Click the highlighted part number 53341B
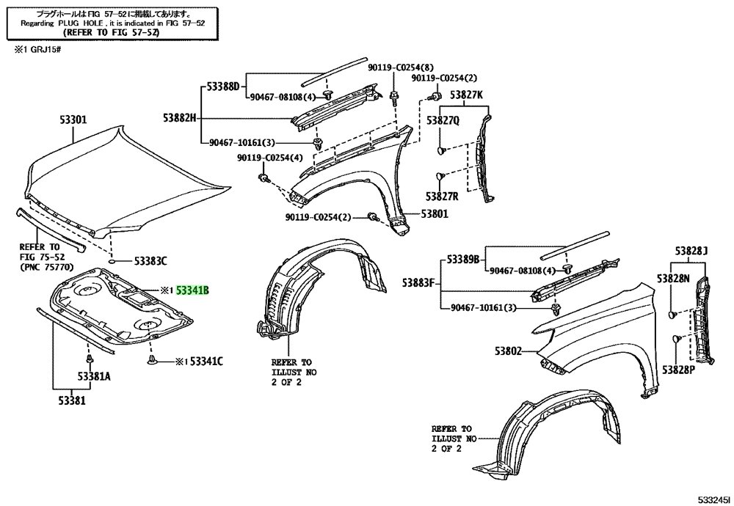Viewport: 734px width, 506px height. (x=192, y=291)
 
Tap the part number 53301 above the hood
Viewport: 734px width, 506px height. (x=73, y=120)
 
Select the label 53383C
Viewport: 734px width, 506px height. (x=150, y=261)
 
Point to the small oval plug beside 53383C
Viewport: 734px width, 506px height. (x=112, y=260)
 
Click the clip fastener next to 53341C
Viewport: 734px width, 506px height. (x=151, y=359)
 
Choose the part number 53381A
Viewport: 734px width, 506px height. (x=94, y=376)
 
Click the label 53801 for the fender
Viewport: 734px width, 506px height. (x=434, y=214)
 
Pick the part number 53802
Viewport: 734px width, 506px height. (x=508, y=351)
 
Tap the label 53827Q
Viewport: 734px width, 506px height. (x=443, y=121)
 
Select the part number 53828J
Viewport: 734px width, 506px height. (x=691, y=252)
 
